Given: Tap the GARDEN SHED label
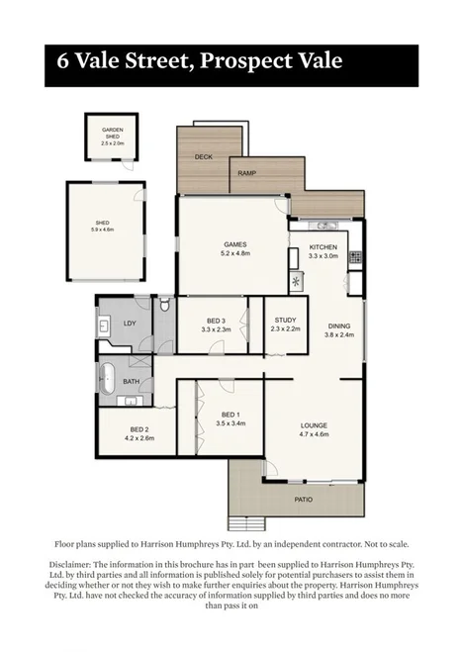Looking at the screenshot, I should click(x=112, y=134).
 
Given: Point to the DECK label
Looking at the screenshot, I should click(x=203, y=156).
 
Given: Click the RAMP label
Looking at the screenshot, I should click(x=248, y=174).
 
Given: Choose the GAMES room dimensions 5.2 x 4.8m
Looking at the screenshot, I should click(x=234, y=253).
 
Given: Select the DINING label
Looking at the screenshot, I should click(x=338, y=326).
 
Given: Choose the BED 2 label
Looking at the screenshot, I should click(x=137, y=430).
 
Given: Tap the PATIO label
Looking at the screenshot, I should click(x=303, y=500).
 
